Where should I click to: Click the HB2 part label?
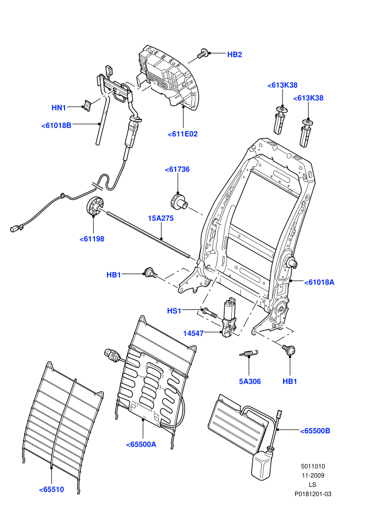234,55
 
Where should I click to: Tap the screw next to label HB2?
202,54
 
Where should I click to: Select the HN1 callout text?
59,108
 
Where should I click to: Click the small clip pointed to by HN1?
87,106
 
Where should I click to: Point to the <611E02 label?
182,134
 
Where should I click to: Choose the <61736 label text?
177,170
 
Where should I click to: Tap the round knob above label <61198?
95,206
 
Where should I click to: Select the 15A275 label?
160,219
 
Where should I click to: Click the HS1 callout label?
174,311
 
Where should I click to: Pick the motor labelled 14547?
229,318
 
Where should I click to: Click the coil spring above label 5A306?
249,353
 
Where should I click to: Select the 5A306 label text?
250,382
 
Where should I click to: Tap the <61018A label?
319,283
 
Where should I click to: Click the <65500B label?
315,431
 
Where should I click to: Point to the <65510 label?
51,490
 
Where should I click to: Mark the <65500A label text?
141,445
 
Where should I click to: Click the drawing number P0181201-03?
313,494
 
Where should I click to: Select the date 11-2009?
313,475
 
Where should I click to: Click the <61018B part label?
56,126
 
